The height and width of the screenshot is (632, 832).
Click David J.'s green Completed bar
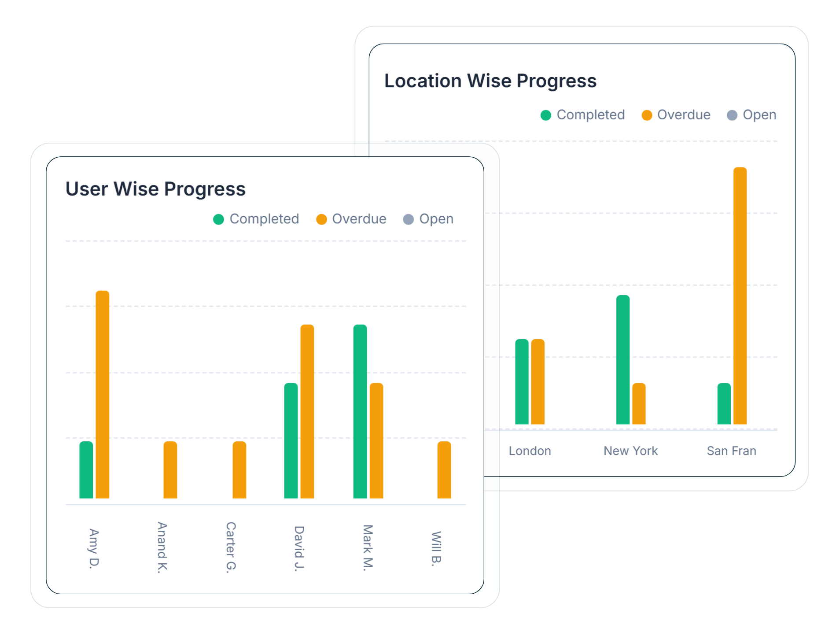291,440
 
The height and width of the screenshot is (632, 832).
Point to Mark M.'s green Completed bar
360,411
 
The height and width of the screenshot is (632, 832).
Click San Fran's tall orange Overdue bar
740,296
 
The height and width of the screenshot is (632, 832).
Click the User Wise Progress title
155,189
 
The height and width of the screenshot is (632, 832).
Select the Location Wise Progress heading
490,81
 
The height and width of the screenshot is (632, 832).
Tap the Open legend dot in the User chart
409,219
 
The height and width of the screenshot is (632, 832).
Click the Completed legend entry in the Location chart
583,115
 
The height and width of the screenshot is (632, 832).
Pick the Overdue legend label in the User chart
359,219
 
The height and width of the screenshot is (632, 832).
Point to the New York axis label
630,451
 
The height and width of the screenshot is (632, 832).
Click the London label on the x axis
530,451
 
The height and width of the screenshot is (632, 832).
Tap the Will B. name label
436,548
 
